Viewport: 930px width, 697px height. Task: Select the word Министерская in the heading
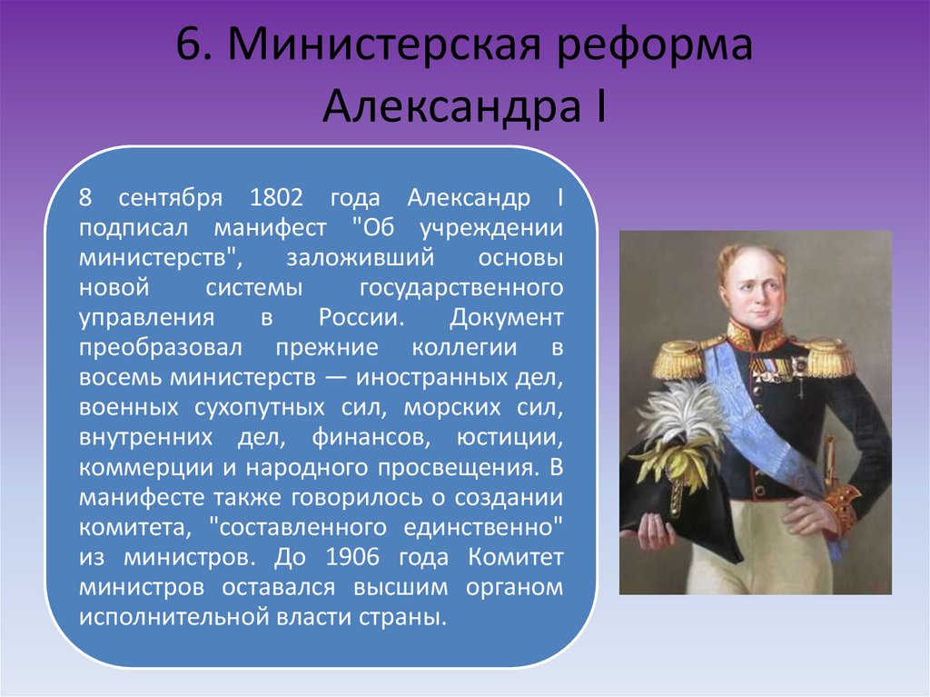click(x=385, y=44)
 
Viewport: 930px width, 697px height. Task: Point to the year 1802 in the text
click(x=276, y=197)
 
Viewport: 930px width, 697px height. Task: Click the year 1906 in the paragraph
click(x=352, y=557)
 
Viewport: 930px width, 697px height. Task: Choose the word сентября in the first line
click(x=170, y=198)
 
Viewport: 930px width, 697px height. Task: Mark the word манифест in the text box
click(x=270, y=228)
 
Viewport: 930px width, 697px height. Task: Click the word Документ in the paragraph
click(x=506, y=318)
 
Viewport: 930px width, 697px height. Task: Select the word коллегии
click(x=464, y=348)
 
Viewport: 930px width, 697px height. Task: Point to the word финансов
click(x=371, y=438)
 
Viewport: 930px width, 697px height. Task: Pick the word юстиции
click(x=510, y=438)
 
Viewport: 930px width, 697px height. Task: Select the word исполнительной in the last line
click(x=173, y=617)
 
